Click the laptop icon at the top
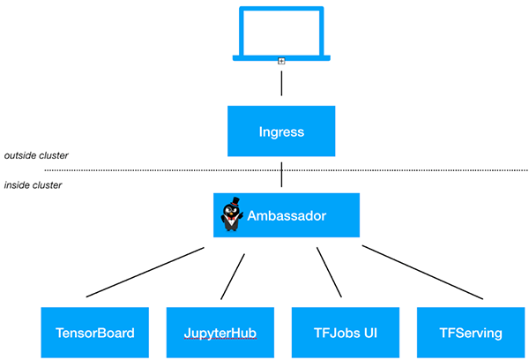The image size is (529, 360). click(281, 34)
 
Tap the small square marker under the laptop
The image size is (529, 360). click(281, 61)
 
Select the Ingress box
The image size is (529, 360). click(281, 132)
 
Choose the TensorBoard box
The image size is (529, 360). click(95, 333)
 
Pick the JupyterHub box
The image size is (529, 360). click(220, 333)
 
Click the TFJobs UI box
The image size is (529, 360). click(345, 333)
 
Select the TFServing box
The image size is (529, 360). click(470, 333)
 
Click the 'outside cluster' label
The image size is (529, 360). click(36, 155)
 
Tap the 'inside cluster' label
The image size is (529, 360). click(33, 185)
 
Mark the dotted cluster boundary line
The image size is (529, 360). click(397, 169)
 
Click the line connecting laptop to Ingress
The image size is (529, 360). click(281, 84)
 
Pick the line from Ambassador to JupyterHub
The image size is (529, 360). click(233, 276)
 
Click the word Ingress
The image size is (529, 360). click(281, 132)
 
